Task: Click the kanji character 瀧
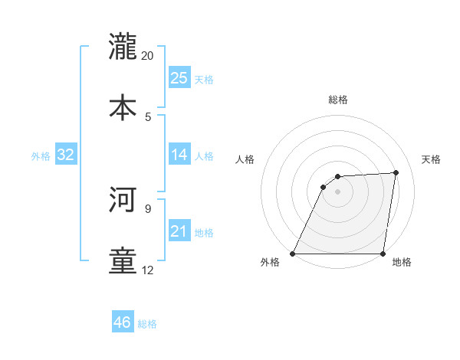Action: [123, 46]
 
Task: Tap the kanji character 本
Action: [123, 106]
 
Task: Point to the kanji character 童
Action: [123, 260]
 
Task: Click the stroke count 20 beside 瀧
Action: [148, 55]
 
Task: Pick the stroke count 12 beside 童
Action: [148, 270]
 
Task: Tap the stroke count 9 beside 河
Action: [148, 208]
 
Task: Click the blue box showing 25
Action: [179, 78]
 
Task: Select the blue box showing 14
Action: [179, 155]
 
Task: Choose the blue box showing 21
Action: [179, 231]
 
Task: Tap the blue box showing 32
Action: [66, 155]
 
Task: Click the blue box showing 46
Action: [122, 322]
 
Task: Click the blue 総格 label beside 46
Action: [148, 324]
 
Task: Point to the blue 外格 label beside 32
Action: [41, 156]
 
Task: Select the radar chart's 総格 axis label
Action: [338, 100]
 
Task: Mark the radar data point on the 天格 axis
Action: [396, 172]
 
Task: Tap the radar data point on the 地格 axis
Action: [383, 254]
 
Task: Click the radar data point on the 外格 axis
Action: [293, 254]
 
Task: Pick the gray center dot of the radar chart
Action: [338, 191]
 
